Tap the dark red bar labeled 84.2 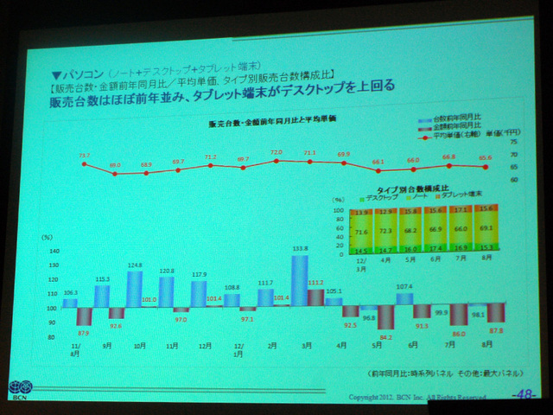(385, 316)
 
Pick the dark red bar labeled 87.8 (496, 312)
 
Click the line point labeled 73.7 (84, 163)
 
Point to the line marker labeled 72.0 (276, 159)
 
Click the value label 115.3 (102, 278)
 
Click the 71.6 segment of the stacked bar (361, 232)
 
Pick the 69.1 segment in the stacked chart (486, 228)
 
